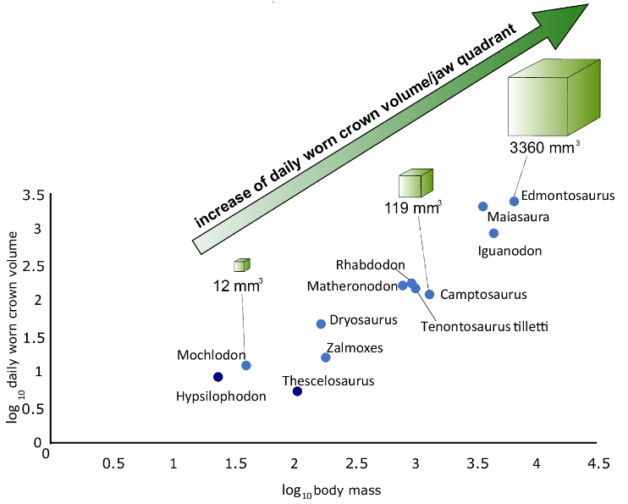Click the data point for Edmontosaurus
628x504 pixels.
[514, 201]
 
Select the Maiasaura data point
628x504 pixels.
[482, 207]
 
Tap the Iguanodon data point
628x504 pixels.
[493, 233]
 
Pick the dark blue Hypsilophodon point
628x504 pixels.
[218, 377]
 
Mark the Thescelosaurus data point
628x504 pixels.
[297, 390]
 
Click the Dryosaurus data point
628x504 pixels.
[321, 324]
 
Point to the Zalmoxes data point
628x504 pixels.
[326, 357]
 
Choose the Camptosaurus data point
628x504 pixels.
[429, 294]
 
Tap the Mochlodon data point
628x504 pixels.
[245, 365]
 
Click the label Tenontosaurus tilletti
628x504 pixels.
[485, 326]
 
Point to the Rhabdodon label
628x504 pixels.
[370, 266]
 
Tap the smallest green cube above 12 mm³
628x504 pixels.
[243, 265]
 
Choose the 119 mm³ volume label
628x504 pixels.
[414, 208]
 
